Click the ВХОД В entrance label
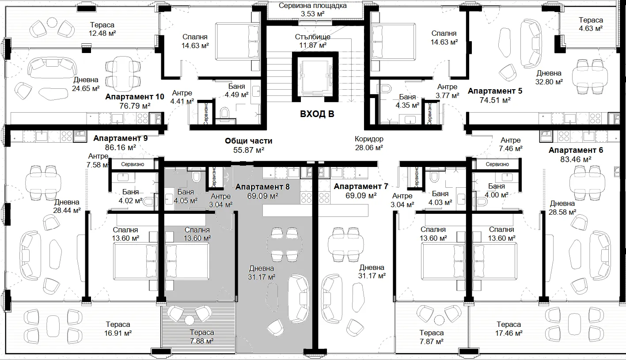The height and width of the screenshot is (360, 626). click(317, 114)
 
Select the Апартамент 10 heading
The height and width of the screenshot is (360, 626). click(135, 97)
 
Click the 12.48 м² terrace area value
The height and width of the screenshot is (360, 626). click(102, 33)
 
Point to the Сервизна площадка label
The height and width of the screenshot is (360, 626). click(313, 6)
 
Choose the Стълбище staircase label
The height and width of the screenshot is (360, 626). click(313, 37)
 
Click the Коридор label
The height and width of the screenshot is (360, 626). click(369, 139)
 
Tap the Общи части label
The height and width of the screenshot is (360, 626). click(248, 141)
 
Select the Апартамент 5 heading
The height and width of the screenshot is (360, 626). click(495, 91)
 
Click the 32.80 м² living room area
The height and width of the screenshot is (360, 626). click(549, 82)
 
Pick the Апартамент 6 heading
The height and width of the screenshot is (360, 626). click(576, 150)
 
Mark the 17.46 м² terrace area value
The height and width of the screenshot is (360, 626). click(508, 333)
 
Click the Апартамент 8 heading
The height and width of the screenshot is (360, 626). click(262, 187)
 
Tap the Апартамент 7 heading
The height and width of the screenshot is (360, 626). click(361, 186)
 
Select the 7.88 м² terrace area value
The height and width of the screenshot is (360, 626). click(202, 341)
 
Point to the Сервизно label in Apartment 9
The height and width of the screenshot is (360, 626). click(133, 164)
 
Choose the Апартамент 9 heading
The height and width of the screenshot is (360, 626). click(121, 138)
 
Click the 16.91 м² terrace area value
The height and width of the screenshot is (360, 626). click(118, 333)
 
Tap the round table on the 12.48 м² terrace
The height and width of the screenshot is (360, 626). click(52, 22)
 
